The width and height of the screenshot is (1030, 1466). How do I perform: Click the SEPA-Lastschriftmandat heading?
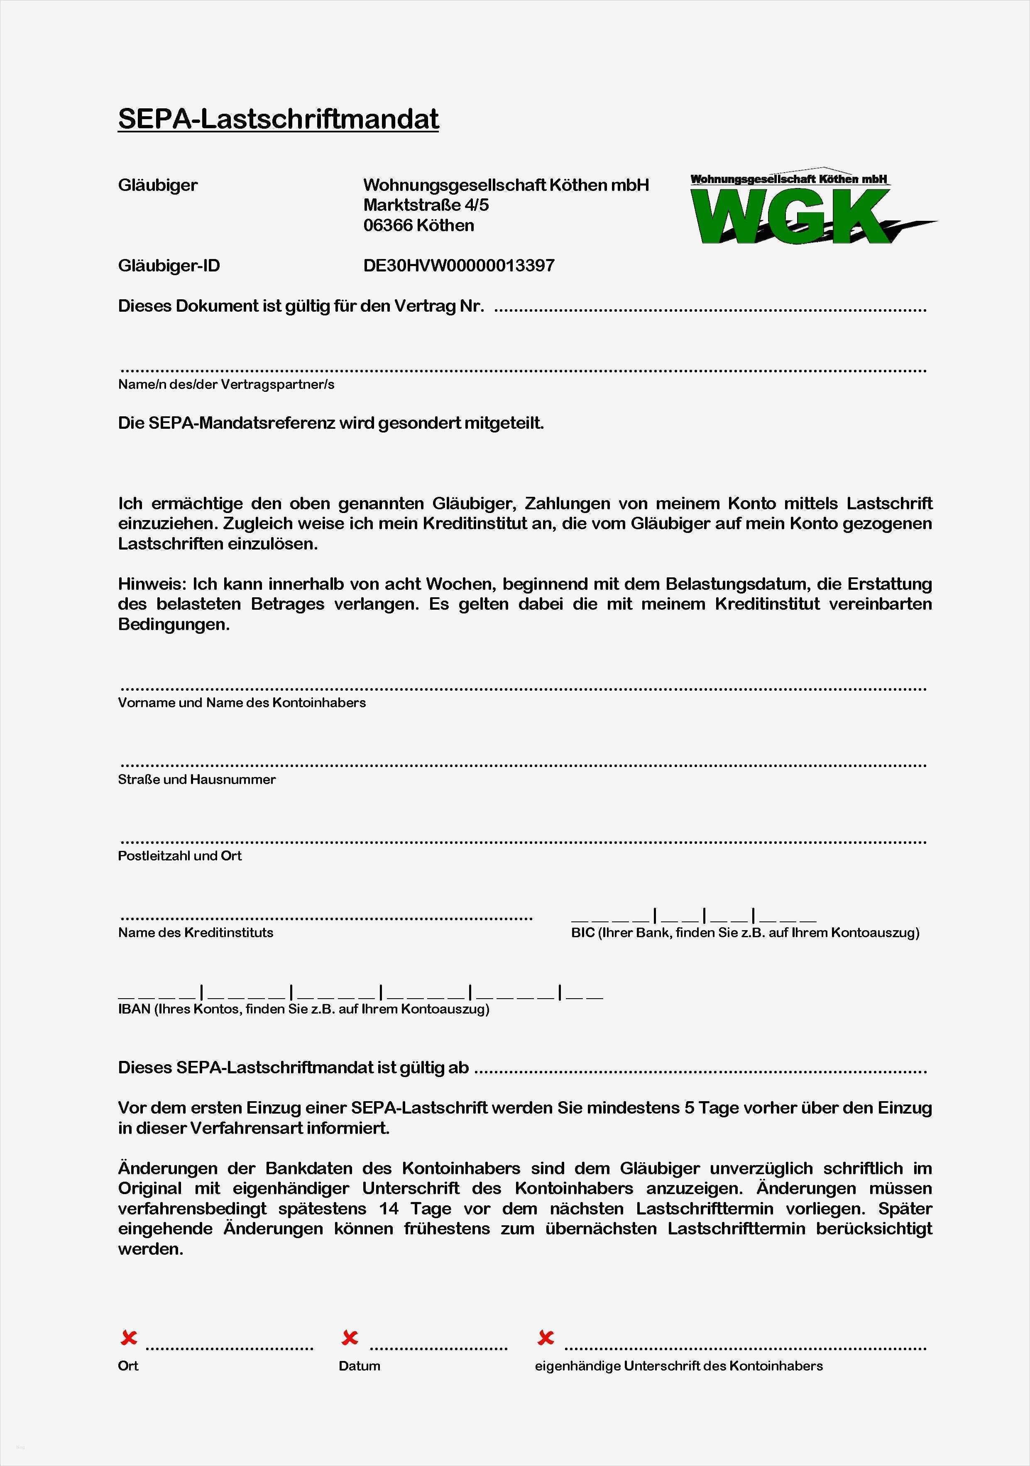click(x=279, y=120)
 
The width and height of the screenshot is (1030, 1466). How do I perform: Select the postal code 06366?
click(x=388, y=225)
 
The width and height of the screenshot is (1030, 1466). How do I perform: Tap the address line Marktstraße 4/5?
click(x=426, y=205)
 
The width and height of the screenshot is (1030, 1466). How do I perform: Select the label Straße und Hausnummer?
click(x=197, y=779)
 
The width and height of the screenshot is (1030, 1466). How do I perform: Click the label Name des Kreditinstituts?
click(x=196, y=933)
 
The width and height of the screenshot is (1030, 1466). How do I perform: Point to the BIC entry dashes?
click(x=693, y=917)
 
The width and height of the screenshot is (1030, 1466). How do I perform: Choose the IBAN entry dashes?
click(x=360, y=994)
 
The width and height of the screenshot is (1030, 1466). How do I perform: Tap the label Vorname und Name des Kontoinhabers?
click(x=241, y=703)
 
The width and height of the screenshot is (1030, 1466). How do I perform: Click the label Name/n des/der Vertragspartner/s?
click(x=226, y=384)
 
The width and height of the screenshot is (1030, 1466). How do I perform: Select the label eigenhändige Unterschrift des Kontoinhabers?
click(x=678, y=1366)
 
